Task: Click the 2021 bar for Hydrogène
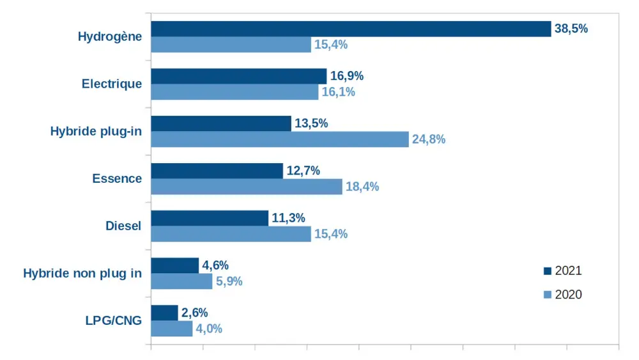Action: coord(351,29)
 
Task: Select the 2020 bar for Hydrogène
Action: coord(231,45)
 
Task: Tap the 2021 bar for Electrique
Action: coord(238,76)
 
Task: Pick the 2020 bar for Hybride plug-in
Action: coord(279,139)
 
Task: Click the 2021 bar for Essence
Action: coord(217,171)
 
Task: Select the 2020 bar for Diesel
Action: coord(231,234)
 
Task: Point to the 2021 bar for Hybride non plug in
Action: coord(174,265)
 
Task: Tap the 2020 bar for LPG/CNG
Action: coord(171,329)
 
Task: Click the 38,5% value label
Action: coord(571,29)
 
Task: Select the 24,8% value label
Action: coord(428,139)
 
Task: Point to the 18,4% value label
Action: coord(362,187)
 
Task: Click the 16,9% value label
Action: coord(347,76)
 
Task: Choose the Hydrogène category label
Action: coord(110,36)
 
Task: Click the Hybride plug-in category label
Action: coord(96,131)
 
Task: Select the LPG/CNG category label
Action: coord(114,320)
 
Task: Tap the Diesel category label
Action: coord(123,226)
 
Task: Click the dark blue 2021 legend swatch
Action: coord(547,271)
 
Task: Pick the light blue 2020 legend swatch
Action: coord(547,295)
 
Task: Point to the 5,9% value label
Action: coord(229,281)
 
